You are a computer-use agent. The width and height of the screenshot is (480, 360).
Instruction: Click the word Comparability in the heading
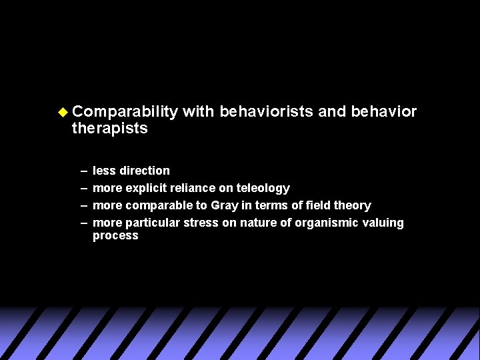(x=125, y=111)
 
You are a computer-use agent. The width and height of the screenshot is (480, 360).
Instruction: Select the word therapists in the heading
(x=109, y=128)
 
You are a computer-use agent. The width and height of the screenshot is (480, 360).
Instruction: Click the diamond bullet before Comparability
(x=63, y=111)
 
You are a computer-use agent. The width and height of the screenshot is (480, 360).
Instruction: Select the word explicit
(x=147, y=188)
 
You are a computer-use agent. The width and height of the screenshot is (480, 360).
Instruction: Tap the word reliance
(x=193, y=188)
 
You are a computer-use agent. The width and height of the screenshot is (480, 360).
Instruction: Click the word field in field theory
(x=317, y=205)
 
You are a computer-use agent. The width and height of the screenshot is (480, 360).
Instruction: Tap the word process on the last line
(x=115, y=235)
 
